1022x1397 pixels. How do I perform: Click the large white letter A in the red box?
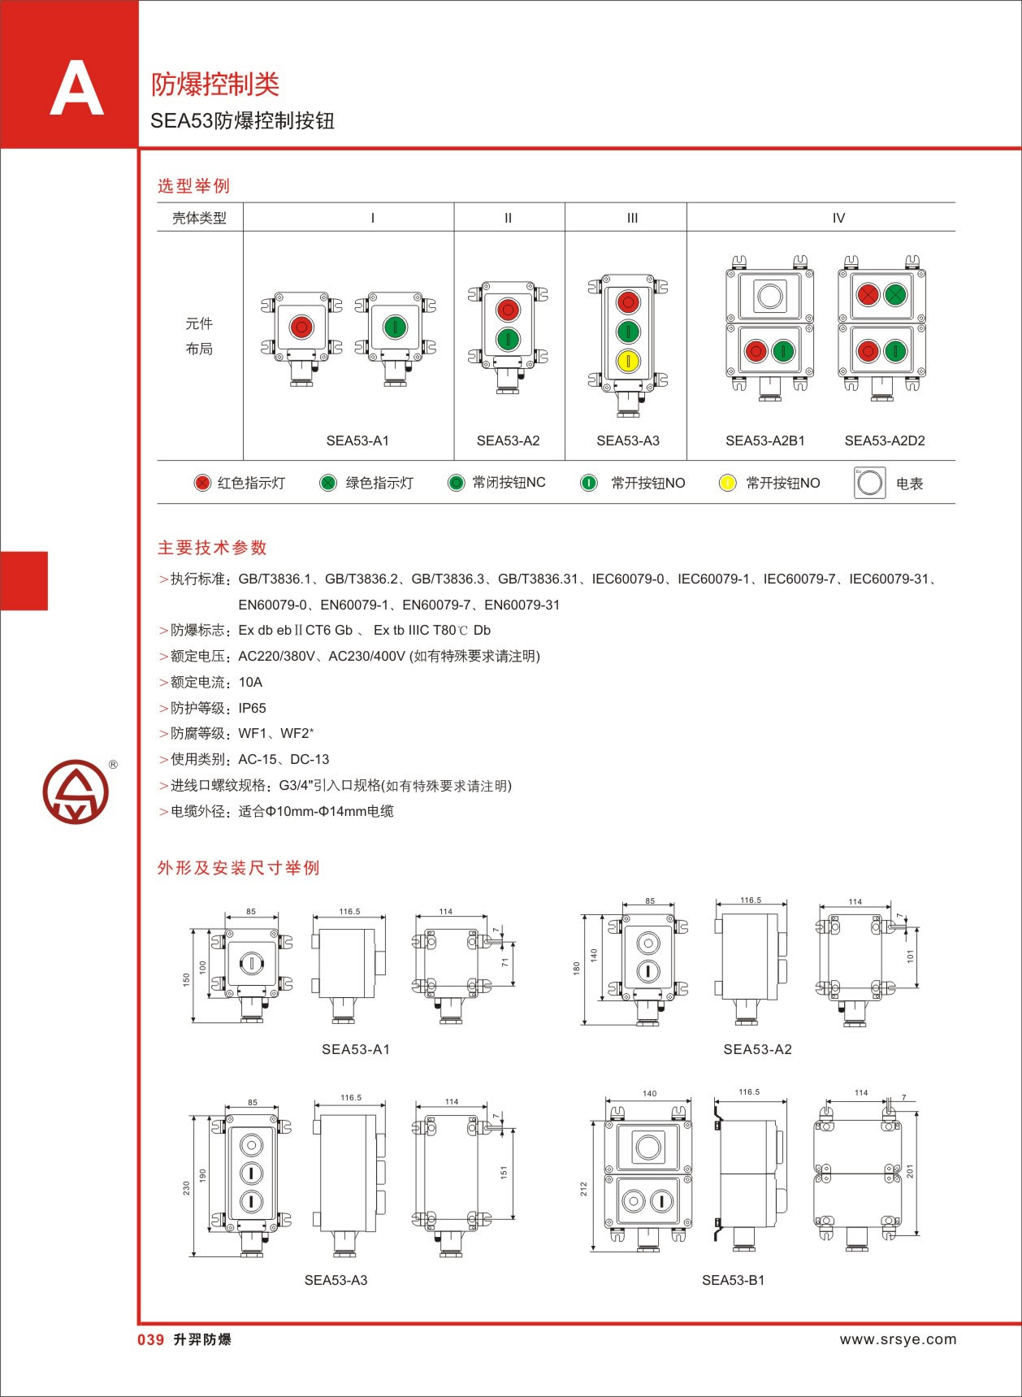click(x=76, y=90)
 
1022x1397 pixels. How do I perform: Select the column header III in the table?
click(x=632, y=218)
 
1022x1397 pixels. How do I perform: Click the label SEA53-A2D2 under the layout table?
click(x=884, y=440)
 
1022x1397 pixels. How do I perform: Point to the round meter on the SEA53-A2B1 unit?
click(x=769, y=296)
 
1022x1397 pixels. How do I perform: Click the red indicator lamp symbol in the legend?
click(x=202, y=483)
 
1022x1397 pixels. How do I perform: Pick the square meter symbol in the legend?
click(x=869, y=483)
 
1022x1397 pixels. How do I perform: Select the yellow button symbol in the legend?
click(x=727, y=483)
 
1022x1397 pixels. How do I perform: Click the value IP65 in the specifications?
click(x=252, y=708)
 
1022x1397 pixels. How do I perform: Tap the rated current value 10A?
click(x=250, y=682)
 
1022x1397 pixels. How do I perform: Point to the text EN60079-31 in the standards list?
click(x=522, y=605)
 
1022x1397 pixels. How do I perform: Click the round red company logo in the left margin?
click(x=76, y=792)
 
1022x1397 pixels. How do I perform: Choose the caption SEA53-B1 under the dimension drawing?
click(x=733, y=1280)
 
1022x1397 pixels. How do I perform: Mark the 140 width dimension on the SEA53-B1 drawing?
click(x=649, y=1093)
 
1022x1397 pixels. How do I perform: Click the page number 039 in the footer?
click(x=151, y=1339)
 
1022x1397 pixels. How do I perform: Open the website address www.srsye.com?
click(x=898, y=1339)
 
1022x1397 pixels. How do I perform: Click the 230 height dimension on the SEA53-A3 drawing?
click(x=187, y=1188)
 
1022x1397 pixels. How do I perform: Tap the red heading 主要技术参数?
click(x=212, y=548)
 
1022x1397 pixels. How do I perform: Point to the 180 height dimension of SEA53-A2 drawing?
click(x=576, y=968)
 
